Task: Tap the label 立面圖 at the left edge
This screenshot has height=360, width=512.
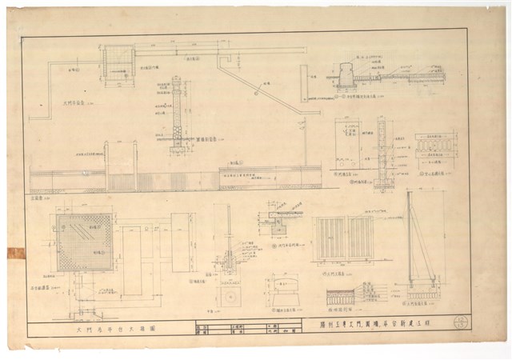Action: (x=35, y=195)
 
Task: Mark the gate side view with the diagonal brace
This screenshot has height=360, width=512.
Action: (x=419, y=248)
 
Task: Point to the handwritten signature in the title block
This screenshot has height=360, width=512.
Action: (x=278, y=330)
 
